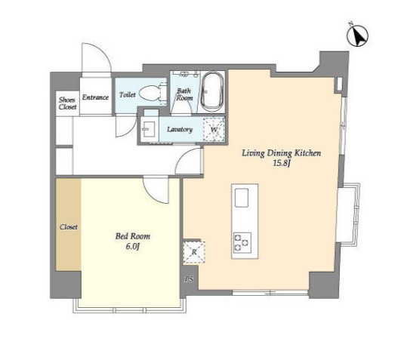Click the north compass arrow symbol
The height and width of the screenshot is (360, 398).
point(358,35)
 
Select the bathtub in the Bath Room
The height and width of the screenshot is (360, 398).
point(212,92)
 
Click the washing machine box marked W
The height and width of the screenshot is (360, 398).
point(214,129)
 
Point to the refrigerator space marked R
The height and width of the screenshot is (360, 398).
point(194,251)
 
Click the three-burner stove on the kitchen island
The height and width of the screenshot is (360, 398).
point(242,242)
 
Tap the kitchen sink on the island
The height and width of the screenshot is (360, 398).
point(242,198)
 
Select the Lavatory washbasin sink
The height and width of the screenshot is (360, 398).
point(148,128)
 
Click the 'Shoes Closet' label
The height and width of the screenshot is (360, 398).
point(67,103)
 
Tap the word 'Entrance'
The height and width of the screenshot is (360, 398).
point(95,97)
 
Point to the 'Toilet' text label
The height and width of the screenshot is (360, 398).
point(128,94)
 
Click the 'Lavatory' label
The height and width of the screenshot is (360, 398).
point(180,129)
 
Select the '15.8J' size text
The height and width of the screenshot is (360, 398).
point(281,163)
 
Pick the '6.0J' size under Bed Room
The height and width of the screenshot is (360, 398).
point(133,246)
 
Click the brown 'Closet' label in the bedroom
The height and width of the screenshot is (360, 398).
point(69,226)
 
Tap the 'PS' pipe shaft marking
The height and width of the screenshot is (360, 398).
point(189,279)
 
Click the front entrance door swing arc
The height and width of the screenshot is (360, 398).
point(103,51)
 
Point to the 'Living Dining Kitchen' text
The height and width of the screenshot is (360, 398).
point(281,153)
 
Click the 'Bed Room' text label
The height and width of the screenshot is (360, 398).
point(133,236)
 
